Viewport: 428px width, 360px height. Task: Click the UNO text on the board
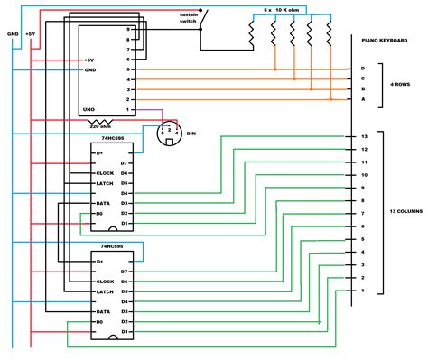coord(89,108)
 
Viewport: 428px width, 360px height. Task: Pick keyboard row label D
coord(362,69)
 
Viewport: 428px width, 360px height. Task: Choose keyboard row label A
coord(362,100)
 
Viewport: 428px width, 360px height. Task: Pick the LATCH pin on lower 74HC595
coord(104,291)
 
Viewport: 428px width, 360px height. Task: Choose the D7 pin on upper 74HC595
coord(126,163)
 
